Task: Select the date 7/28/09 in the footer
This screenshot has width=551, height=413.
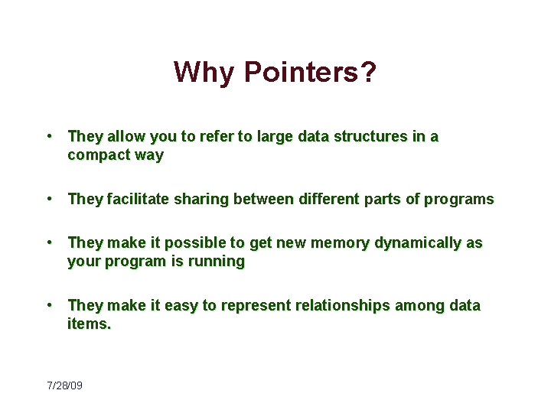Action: point(64,385)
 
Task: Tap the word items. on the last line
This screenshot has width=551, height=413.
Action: point(89,324)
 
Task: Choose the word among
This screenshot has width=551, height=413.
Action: point(422,306)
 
